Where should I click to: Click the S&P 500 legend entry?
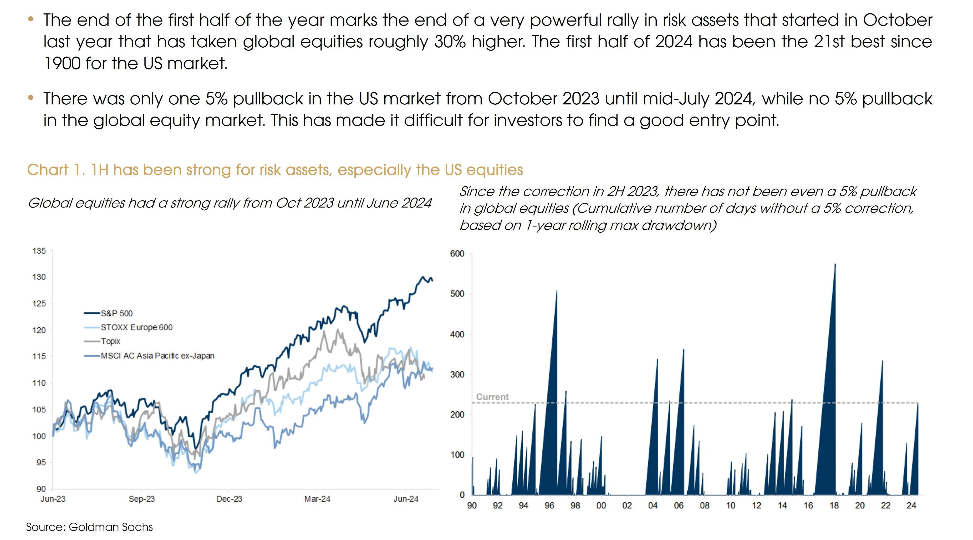pyautogui.click(x=116, y=313)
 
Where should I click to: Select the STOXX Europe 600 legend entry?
pyautogui.click(x=136, y=327)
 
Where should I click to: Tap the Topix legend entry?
pyautogui.click(x=110, y=341)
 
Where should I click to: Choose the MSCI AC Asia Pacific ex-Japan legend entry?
pyautogui.click(x=157, y=356)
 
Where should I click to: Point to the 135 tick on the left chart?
pyautogui.click(x=39, y=251)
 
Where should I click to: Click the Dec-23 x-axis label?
pyautogui.click(x=229, y=499)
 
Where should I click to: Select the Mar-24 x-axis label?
pyautogui.click(x=317, y=499)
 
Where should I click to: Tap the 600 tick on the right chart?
pyautogui.click(x=457, y=254)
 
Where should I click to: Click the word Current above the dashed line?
pyautogui.click(x=492, y=397)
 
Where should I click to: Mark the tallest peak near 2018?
pyautogui.click(x=835, y=265)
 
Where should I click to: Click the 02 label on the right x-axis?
pyautogui.click(x=627, y=506)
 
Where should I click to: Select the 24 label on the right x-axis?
pyautogui.click(x=911, y=506)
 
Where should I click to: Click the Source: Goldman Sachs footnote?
pyautogui.click(x=90, y=527)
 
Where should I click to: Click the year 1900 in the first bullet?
pyautogui.click(x=62, y=63)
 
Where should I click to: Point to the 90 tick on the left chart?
pyautogui.click(x=41, y=489)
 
